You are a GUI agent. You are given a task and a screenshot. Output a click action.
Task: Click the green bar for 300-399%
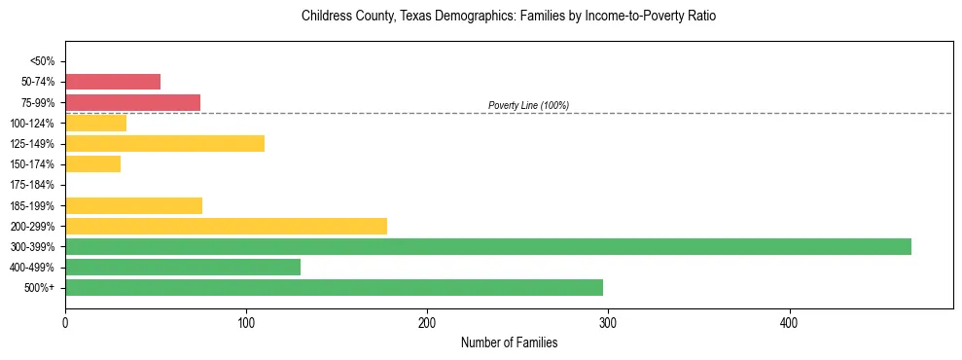tap(487, 246)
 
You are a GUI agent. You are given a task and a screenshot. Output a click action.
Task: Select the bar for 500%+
tap(334, 287)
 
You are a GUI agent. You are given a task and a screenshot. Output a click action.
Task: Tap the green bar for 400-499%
tap(183, 267)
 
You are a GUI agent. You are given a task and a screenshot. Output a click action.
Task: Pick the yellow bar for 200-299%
tap(226, 226)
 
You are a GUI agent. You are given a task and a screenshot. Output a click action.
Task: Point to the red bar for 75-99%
tap(132, 102)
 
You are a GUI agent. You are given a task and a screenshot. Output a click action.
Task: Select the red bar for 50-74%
tap(113, 82)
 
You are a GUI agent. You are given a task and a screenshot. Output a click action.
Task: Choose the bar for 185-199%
tap(133, 205)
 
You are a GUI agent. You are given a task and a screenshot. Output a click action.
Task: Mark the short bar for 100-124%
tap(95, 124)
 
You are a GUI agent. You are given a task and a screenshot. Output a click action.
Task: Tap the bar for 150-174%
tap(92, 164)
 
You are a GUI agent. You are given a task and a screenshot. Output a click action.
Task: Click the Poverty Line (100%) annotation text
tap(528, 105)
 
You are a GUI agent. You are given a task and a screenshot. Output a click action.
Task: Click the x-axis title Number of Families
tap(509, 342)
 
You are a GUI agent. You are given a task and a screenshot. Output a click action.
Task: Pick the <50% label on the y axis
tap(43, 61)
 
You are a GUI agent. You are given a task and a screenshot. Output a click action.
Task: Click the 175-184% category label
tap(34, 185)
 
